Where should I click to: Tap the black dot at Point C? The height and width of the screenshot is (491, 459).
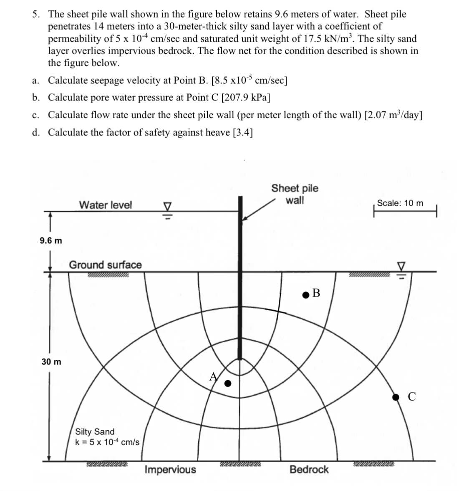tap(396, 397)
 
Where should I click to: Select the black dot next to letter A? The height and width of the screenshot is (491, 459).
tap(228, 383)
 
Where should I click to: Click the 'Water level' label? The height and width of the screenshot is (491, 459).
tap(105, 205)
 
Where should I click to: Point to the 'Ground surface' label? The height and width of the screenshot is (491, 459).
tap(105, 265)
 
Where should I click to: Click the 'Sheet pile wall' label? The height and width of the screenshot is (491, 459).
tap(295, 194)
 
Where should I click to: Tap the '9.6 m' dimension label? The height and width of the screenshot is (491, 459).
tap(51, 241)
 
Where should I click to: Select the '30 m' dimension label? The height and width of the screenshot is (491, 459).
tap(51, 361)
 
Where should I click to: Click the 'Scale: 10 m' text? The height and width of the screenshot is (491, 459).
tap(400, 203)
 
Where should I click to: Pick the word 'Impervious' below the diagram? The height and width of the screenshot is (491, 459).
tap(170, 470)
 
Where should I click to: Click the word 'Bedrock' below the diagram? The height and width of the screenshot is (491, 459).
tap(309, 470)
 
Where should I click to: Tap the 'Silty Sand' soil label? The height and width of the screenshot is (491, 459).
tap(94, 431)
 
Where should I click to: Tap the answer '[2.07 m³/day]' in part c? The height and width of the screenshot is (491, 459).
tap(393, 115)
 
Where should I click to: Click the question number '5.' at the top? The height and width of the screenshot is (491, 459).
tap(37, 15)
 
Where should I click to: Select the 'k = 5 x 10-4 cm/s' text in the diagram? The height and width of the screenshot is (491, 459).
tap(107, 442)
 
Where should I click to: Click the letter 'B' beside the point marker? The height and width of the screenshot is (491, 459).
tap(316, 293)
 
